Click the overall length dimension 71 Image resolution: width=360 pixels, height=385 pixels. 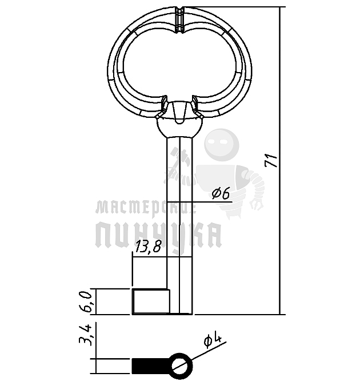[x=271, y=161]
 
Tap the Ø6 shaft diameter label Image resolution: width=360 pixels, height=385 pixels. [x=221, y=193]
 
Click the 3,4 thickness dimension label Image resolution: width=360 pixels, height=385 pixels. [x=85, y=335]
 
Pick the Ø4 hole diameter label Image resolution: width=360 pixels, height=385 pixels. [x=213, y=341]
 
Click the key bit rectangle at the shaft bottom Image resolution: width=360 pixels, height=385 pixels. [x=151, y=301]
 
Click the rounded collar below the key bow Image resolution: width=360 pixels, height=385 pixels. [x=179, y=128]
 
